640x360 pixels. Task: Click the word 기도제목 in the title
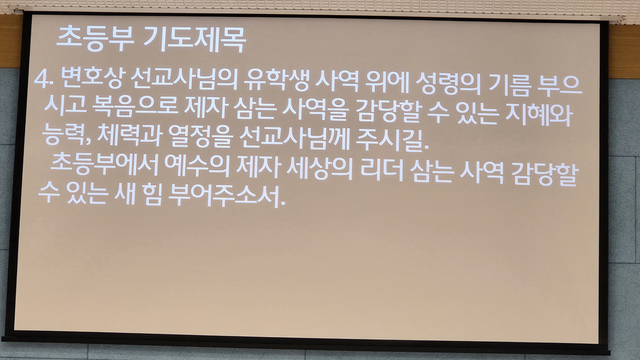(x=194, y=40)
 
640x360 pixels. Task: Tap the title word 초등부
(x=95, y=39)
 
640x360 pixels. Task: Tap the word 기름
(x=510, y=85)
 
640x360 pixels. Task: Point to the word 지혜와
(x=539, y=114)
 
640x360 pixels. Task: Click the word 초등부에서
(x=104, y=164)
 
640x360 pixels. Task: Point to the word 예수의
(x=197, y=166)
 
